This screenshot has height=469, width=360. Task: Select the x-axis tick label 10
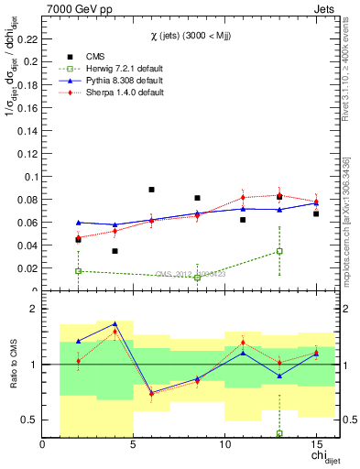click(224, 445)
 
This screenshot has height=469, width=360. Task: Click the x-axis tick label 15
click(316, 445)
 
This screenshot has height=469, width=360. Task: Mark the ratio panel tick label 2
click(33, 310)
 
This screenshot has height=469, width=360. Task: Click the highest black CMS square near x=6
click(151, 190)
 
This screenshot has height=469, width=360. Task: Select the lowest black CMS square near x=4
click(115, 251)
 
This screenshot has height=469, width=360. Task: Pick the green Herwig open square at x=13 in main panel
click(279, 251)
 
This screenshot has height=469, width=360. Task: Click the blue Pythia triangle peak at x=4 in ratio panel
click(115, 324)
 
